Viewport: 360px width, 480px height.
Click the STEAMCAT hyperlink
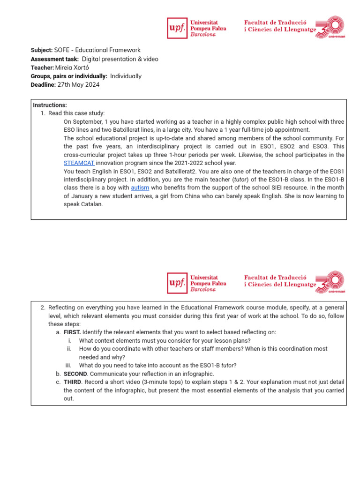79,163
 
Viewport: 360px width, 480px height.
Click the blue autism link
140,187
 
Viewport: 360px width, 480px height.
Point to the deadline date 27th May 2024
78,85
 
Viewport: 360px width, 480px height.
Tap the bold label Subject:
42,50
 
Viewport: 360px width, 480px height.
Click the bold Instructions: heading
50,105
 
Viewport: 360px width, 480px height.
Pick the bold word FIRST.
72,332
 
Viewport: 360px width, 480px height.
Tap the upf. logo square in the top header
177,28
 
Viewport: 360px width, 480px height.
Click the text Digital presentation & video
120,59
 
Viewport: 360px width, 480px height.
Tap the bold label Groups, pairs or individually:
69,76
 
